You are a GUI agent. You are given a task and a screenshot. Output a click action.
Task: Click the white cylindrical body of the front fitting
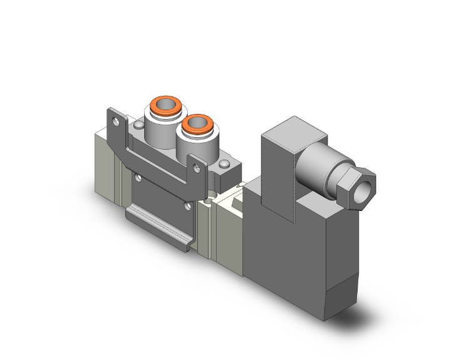194,147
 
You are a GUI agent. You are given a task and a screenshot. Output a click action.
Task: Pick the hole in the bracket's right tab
197,167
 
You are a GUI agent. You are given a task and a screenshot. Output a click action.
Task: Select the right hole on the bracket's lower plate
186,205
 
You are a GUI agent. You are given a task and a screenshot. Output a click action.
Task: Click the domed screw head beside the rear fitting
138,127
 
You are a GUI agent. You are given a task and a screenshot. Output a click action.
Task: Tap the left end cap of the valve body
108,163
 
